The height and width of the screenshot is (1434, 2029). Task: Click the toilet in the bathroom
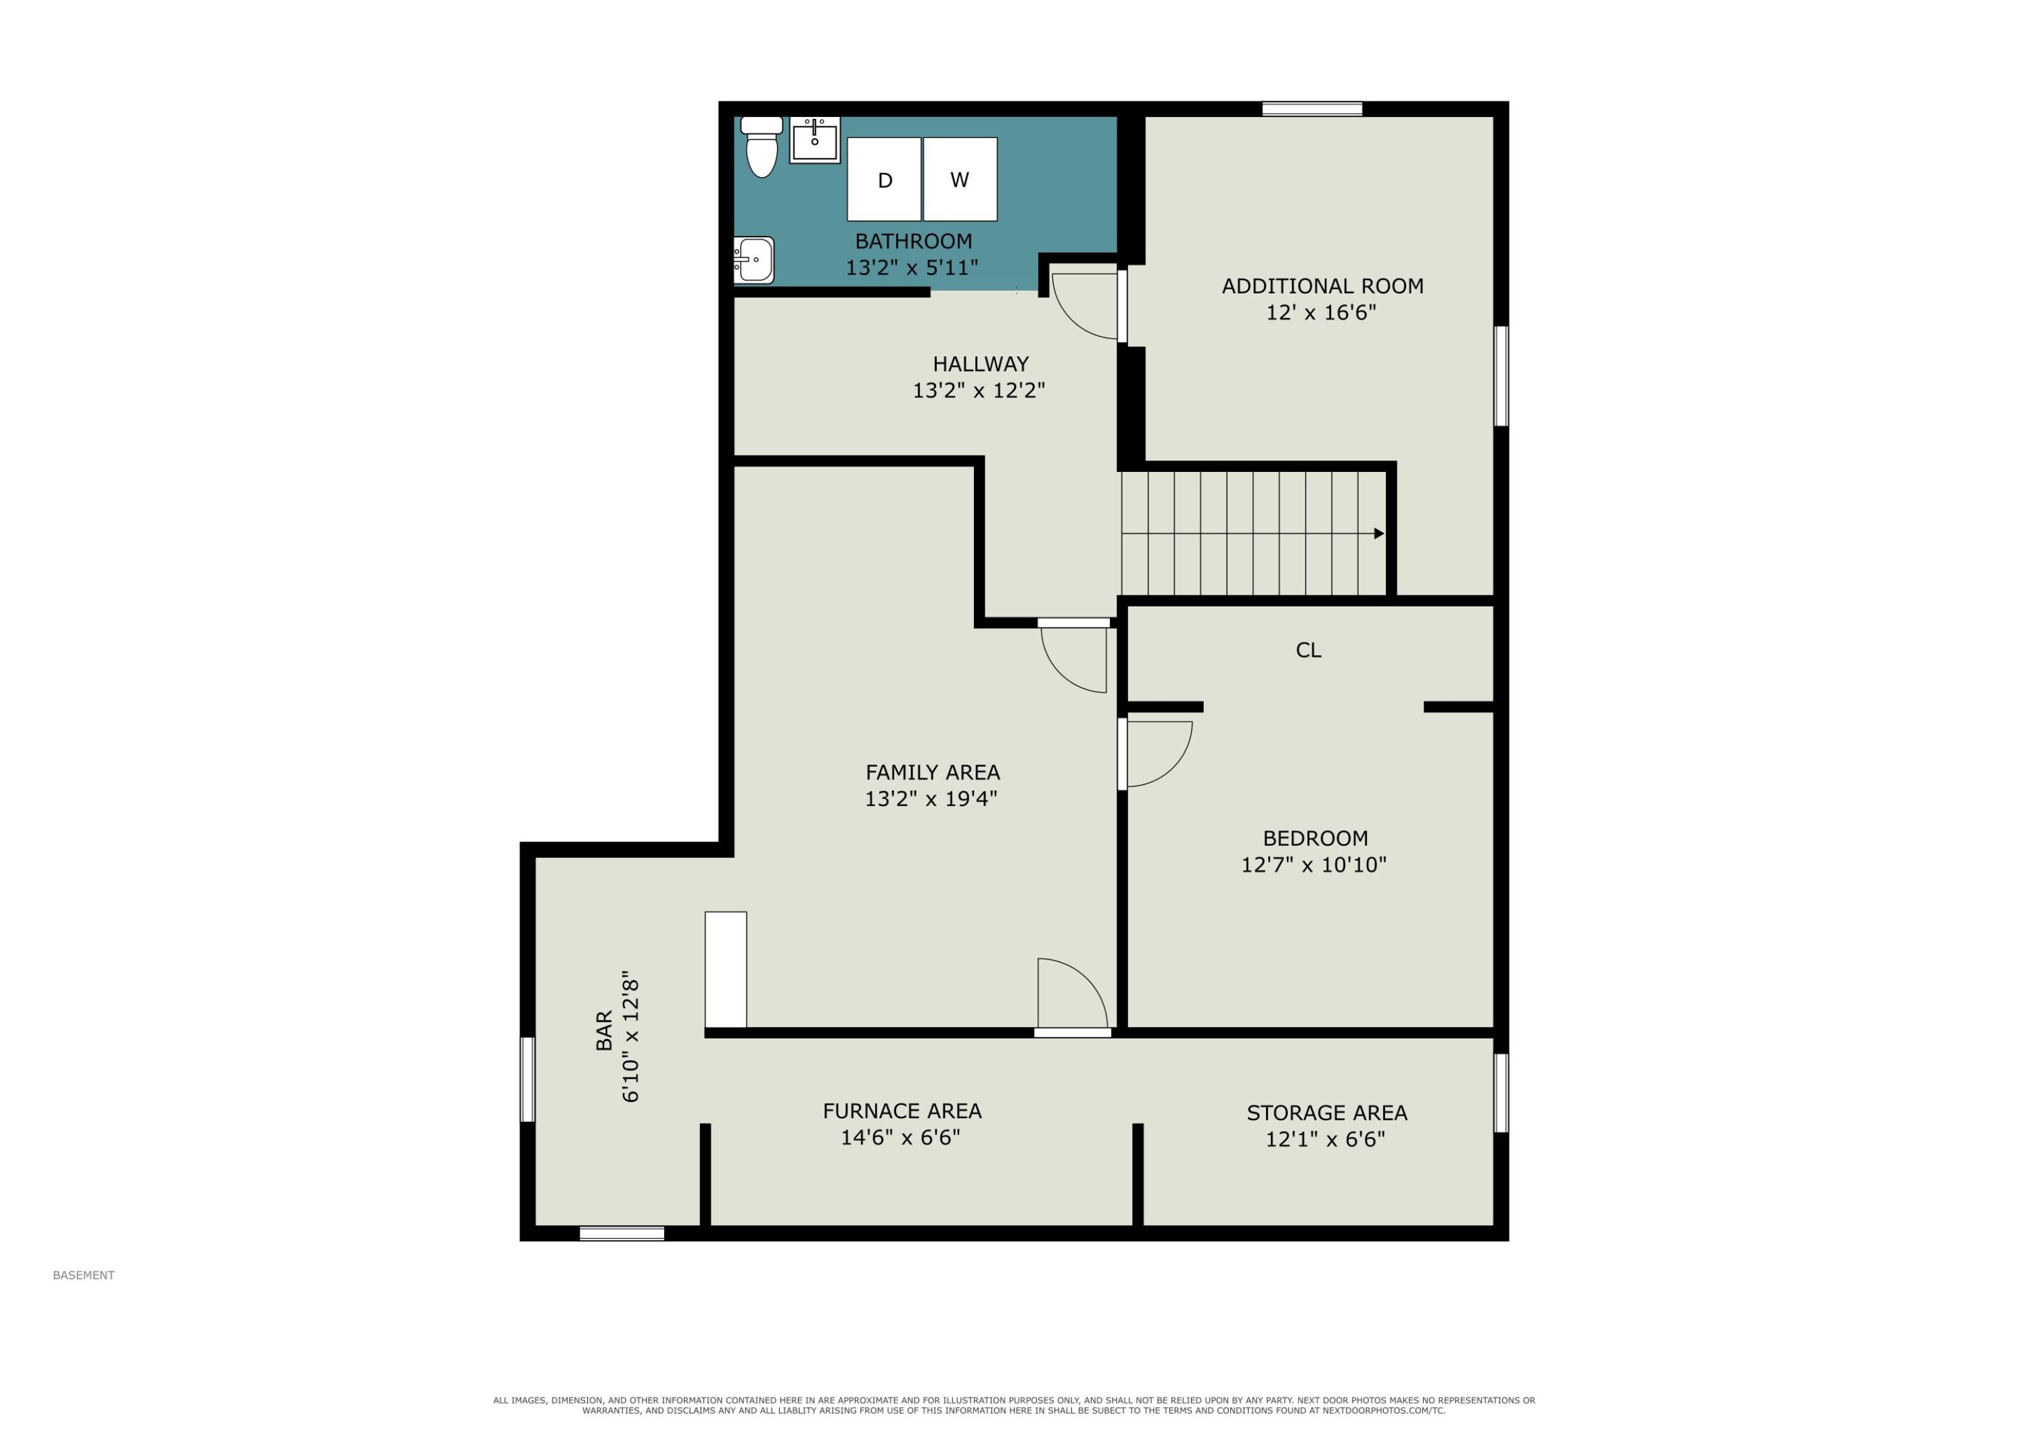coord(761,147)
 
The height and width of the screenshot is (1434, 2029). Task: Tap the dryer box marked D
coord(884,179)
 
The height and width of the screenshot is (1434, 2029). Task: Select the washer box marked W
coord(960,179)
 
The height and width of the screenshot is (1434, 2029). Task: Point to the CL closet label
coord(1309,650)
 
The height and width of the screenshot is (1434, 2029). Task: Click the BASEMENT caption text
coord(84,1275)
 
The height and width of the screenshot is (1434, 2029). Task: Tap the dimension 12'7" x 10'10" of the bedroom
coord(1314,865)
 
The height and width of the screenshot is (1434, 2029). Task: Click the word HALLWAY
coord(981,364)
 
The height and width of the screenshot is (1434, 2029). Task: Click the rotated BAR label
coord(605,1030)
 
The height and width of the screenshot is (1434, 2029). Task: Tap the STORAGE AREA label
coord(1326,1114)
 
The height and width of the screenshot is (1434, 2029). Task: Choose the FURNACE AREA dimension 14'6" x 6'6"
coord(900,1137)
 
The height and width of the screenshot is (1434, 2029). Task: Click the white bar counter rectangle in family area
coord(726,970)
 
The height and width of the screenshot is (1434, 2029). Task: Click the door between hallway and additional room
coord(1122,306)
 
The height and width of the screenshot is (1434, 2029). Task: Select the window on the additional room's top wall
coord(1312,110)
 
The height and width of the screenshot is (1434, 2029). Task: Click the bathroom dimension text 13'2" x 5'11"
coord(912,268)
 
